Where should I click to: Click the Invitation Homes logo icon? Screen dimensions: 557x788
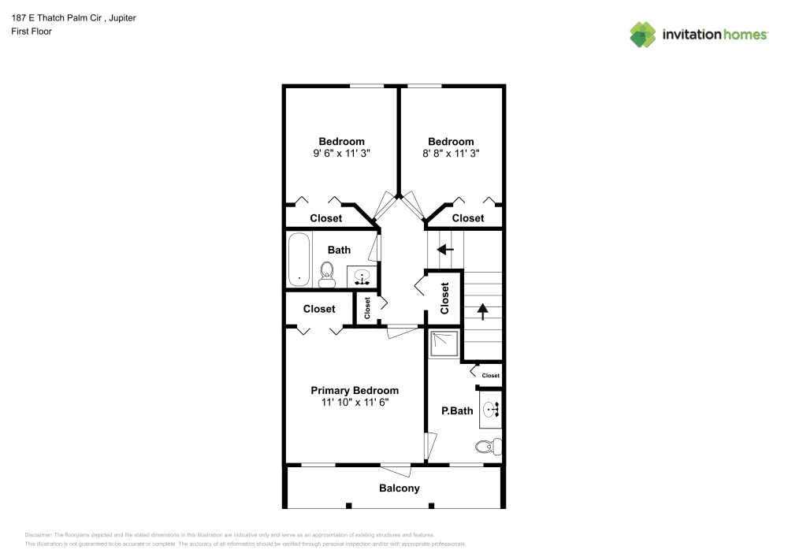(x=643, y=34)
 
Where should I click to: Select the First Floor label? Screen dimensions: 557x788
(x=32, y=32)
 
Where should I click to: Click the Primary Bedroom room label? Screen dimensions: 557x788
(x=355, y=391)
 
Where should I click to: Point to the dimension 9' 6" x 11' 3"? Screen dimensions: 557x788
(x=341, y=154)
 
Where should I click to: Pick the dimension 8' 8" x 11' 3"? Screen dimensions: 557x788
(x=451, y=154)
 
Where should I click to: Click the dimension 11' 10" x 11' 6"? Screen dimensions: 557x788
(x=355, y=403)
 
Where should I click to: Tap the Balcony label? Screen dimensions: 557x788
(x=400, y=488)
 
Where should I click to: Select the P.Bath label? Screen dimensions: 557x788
(x=457, y=410)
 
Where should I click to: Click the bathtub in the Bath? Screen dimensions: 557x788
(x=299, y=259)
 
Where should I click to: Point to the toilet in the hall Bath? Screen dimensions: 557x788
(x=327, y=273)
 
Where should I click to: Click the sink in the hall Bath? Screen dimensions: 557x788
(x=362, y=277)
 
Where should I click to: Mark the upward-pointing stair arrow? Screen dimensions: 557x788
(x=482, y=311)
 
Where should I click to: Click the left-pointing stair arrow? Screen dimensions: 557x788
(x=446, y=250)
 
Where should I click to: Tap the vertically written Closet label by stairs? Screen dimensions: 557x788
(x=444, y=299)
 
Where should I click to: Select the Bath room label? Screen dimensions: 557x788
(x=339, y=250)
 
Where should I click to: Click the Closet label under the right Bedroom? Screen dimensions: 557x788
(x=468, y=218)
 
